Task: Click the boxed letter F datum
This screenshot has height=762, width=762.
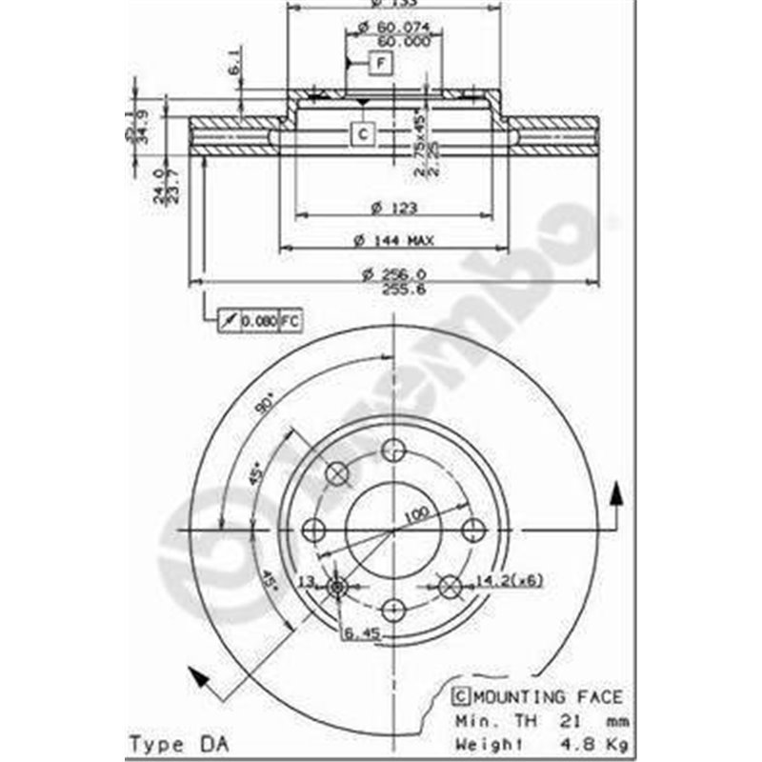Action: click(380, 64)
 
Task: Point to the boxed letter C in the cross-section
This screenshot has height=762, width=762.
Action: click(363, 134)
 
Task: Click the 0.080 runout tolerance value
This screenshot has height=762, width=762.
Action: click(258, 321)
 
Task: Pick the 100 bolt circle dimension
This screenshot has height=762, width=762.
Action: click(413, 515)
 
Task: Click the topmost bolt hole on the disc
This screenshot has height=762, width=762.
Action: click(393, 451)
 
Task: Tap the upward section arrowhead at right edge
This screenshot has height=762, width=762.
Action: click(617, 491)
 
